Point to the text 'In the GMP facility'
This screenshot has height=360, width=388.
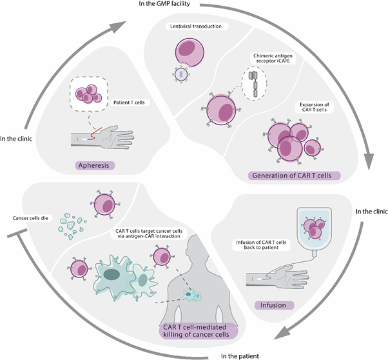point(194,5)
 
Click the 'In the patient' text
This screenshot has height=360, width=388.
point(242,355)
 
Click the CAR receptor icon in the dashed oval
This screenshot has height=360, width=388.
point(252,84)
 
